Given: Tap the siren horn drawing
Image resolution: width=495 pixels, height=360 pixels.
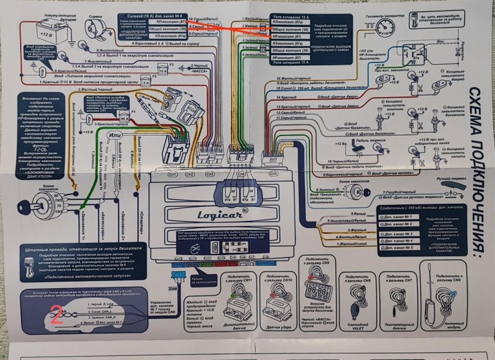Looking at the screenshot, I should [x=94, y=27].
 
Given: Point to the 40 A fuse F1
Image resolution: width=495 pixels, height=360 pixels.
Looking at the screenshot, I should [x=124, y=118].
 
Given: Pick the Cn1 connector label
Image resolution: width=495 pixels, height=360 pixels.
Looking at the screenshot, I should [x=173, y=175].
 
